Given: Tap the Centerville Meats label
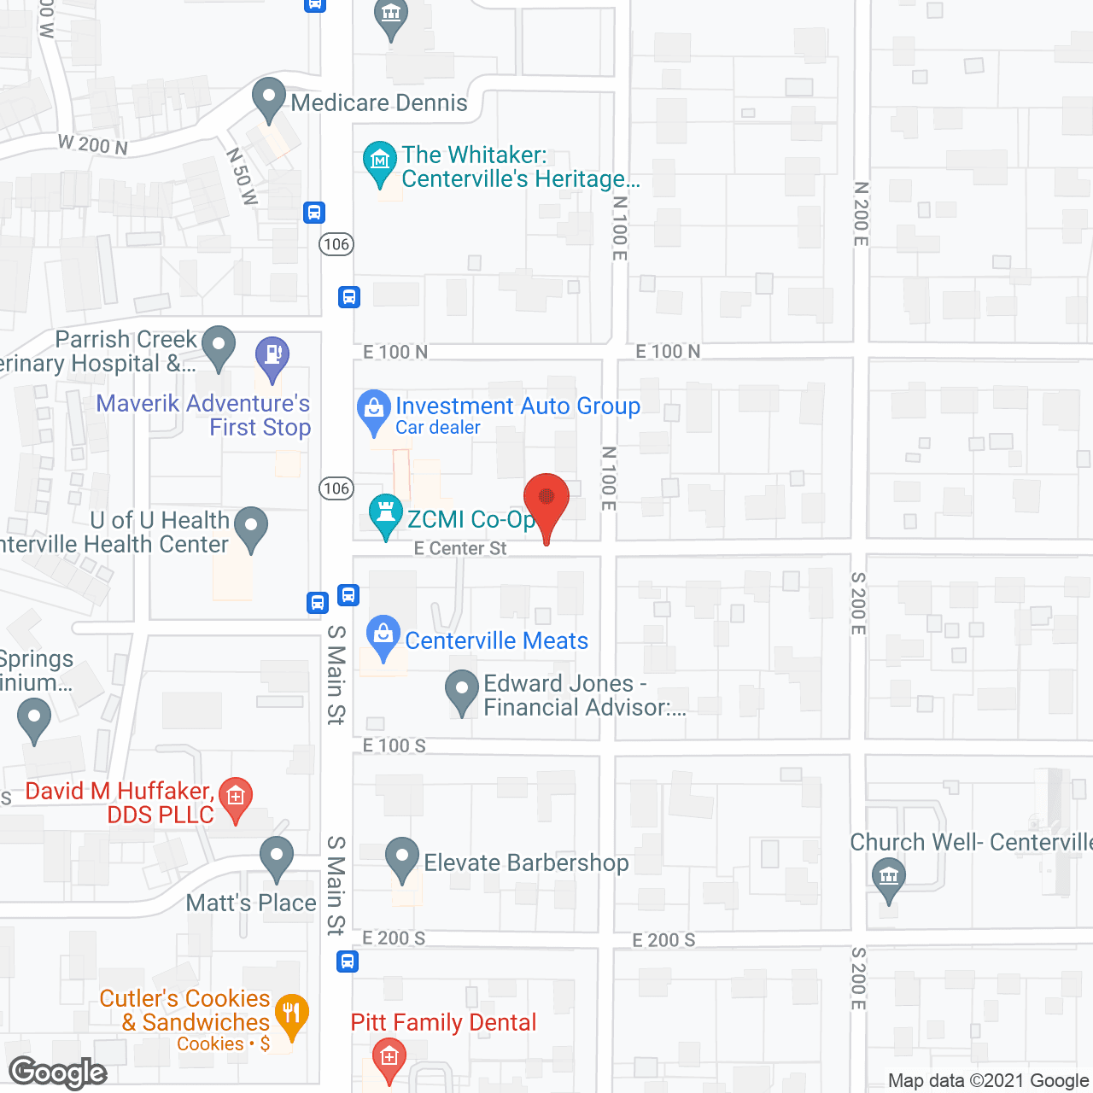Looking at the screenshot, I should pos(496,640).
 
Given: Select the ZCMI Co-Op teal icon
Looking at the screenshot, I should pos(385,514).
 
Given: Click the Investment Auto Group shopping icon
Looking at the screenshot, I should pos(373,410).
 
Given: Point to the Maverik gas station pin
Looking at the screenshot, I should pos(272,357).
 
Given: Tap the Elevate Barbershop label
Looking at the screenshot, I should pos(526,862).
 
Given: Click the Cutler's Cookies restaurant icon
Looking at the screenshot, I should pos(291,1014).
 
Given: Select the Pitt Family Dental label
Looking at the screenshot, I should pos(443,1022).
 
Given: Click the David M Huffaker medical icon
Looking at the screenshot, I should pos(236,797).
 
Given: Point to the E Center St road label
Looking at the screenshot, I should pos(460,548).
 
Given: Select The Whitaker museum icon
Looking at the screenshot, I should pos(380,161).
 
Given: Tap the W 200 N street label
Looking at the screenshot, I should pos(93,144).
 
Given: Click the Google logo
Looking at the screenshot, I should pos(58,1073).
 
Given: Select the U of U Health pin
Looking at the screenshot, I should pos(251,527).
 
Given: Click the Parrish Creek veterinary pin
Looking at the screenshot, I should pos(219,346).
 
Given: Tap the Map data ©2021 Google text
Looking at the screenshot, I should pos(989,1080).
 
